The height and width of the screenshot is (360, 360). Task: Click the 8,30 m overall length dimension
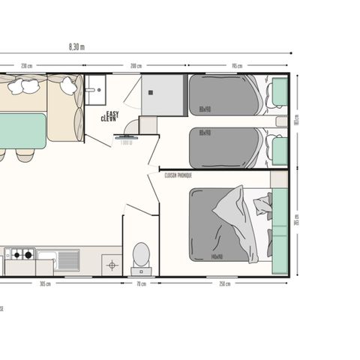pyautogui.click(x=76, y=46)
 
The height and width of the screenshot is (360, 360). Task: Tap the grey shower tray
pyautogui.click(x=162, y=95)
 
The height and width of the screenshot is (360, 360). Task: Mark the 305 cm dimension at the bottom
pyautogui.click(x=44, y=284)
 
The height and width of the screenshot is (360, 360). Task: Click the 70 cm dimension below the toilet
pyautogui.click(x=140, y=284)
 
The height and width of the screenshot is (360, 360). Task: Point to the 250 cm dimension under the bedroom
pyautogui.click(x=223, y=284)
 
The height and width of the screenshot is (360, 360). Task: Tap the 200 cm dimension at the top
pyautogui.click(x=136, y=66)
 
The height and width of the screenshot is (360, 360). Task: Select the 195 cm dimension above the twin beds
pyautogui.click(x=237, y=66)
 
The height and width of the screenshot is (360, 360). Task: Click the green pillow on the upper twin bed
pyautogui.click(x=280, y=92)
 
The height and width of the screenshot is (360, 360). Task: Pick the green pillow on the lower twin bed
pyautogui.click(x=280, y=150)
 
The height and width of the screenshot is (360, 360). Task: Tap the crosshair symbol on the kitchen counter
pyautogui.click(x=112, y=264)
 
